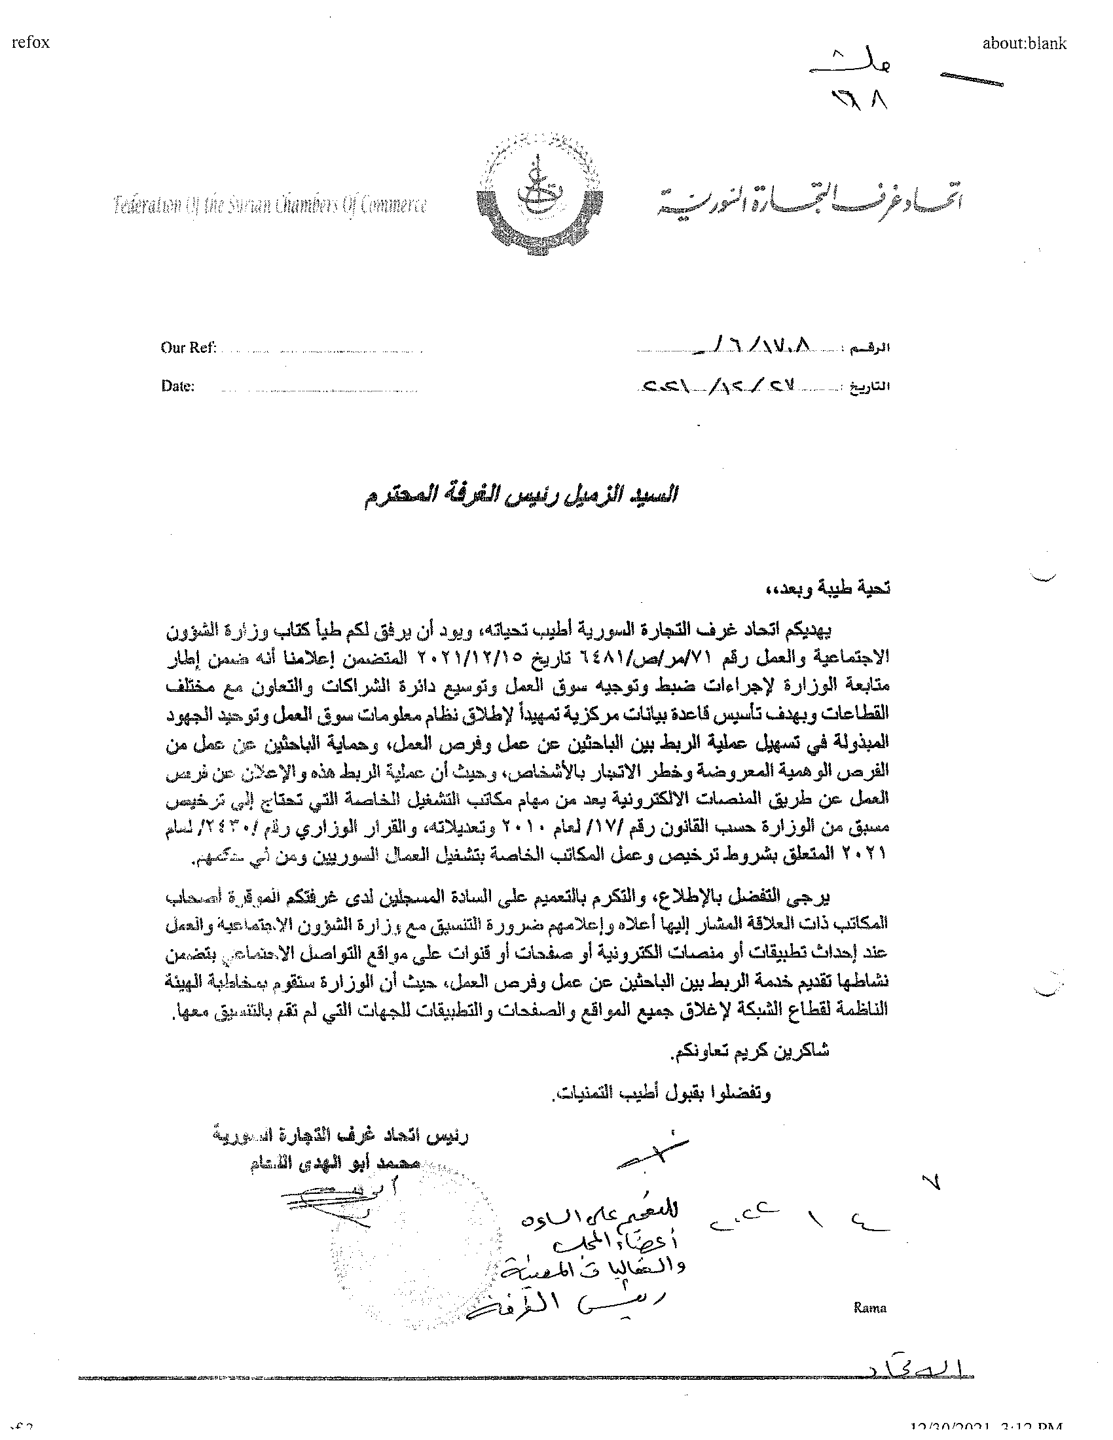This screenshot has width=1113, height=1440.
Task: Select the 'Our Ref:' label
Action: pos(189,348)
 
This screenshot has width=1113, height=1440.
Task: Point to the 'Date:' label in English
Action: pos(178,386)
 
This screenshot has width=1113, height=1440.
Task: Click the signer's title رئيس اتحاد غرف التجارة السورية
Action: pos(341,1136)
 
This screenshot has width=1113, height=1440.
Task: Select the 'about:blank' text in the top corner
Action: pos(1023,43)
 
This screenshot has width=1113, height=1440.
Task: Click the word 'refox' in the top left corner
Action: pos(30,43)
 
